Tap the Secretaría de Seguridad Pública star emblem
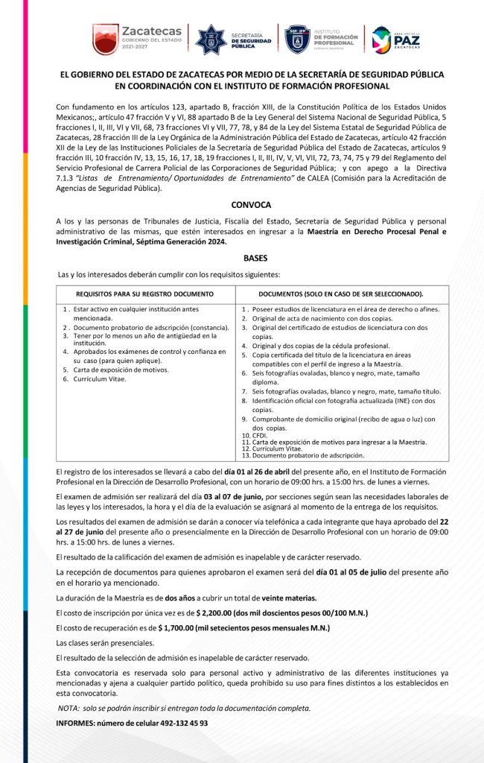pyautogui.click(x=211, y=39)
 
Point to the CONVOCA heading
pyautogui.click(x=249, y=204)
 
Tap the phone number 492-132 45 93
pyautogui.click(x=180, y=723)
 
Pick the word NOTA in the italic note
pyautogui.click(x=69, y=708)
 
